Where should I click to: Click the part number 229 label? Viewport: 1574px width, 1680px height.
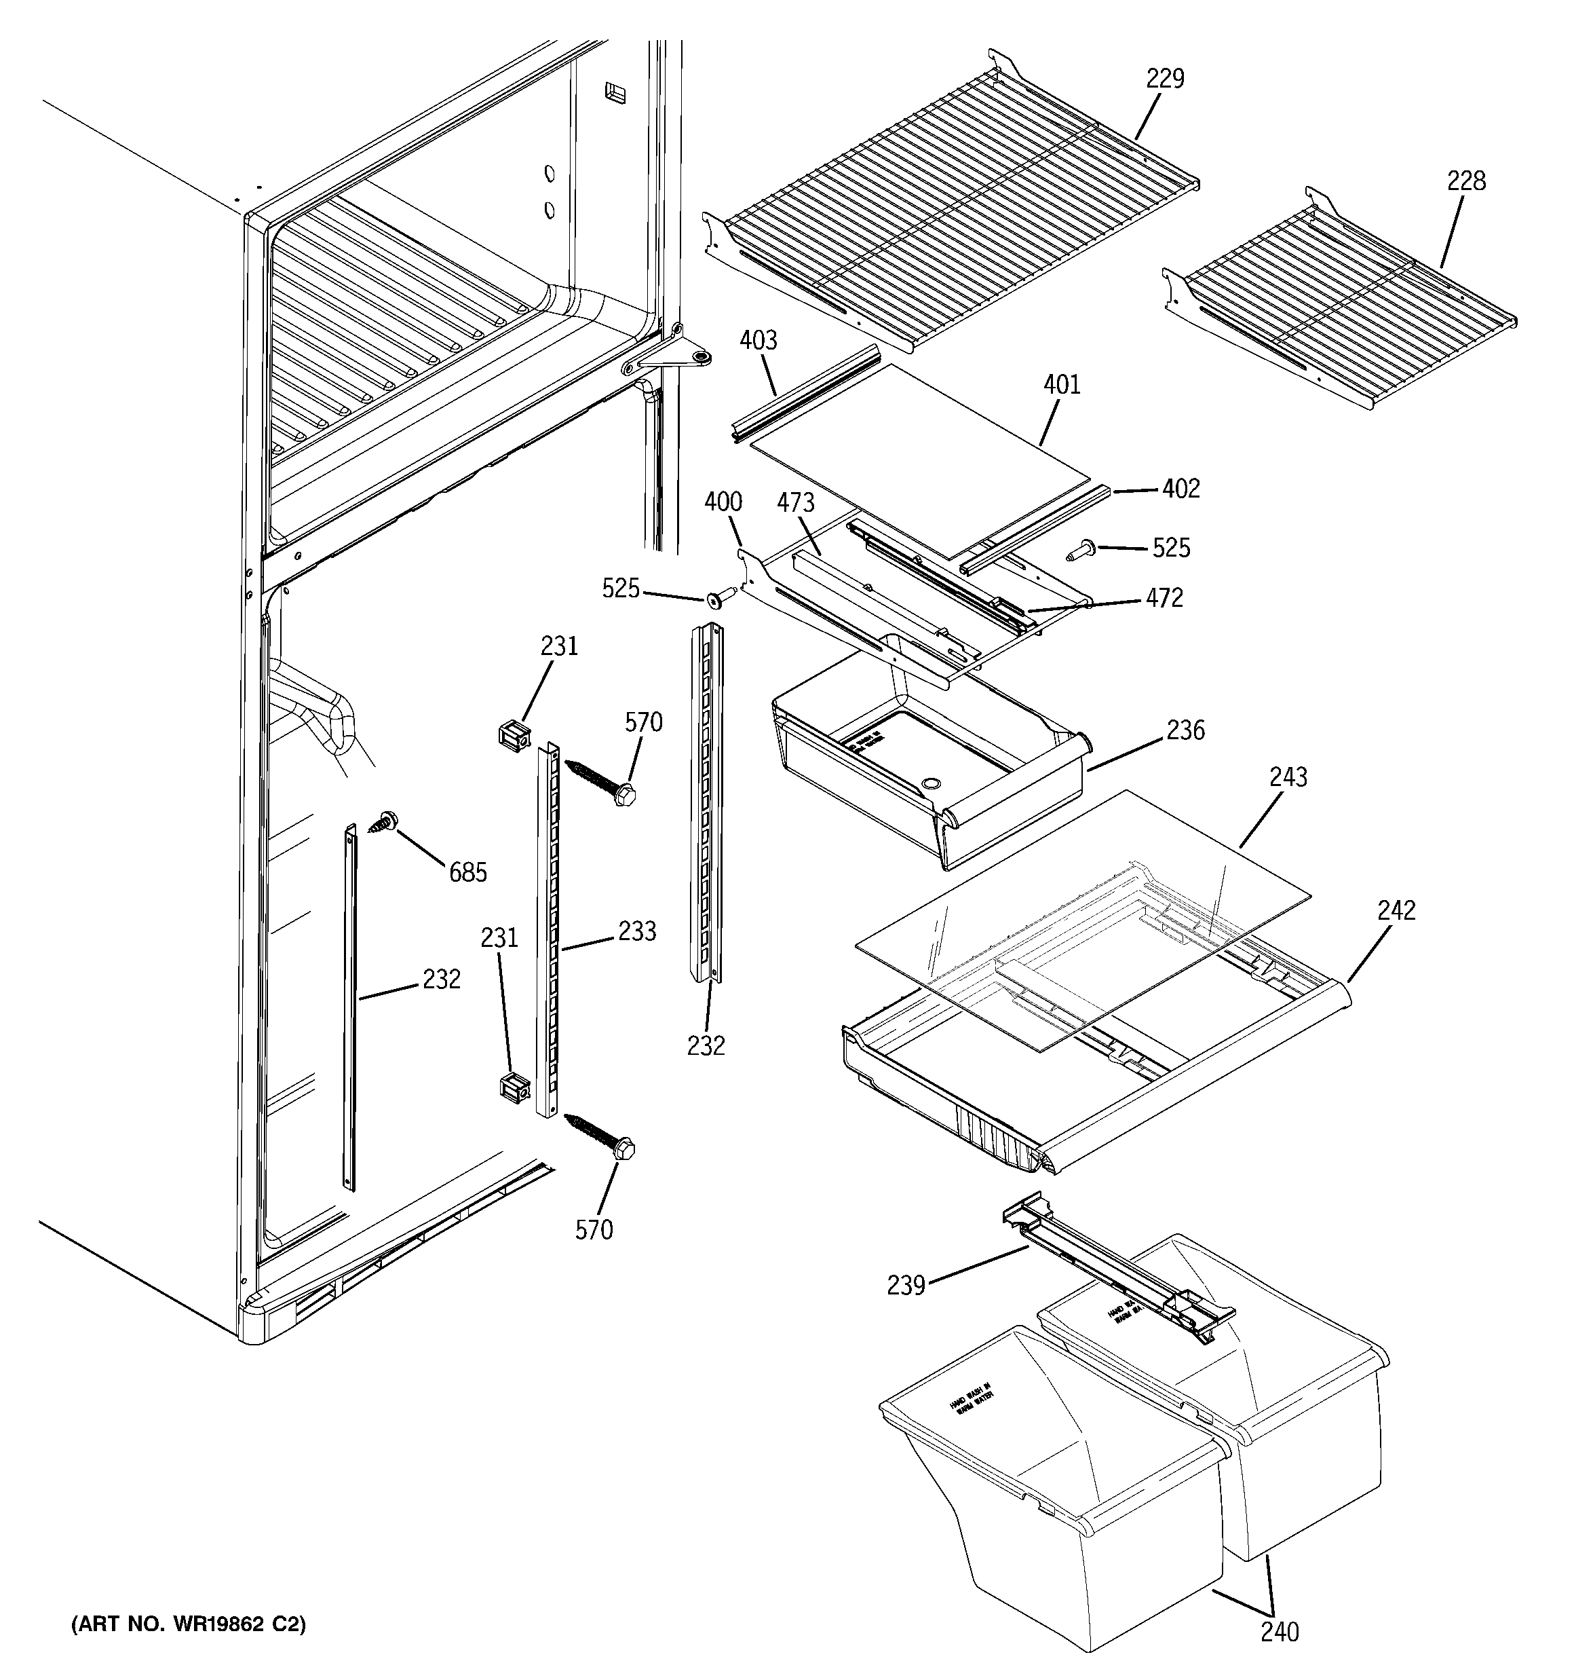[1165, 79]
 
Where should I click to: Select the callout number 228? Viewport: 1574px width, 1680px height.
[1466, 181]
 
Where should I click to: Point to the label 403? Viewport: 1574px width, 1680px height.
[758, 341]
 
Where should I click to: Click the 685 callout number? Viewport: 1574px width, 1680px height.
[467, 872]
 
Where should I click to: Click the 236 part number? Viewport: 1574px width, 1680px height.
[1185, 730]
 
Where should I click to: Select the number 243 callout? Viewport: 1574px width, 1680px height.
[1288, 777]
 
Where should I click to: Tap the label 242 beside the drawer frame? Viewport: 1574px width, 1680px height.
[1396, 910]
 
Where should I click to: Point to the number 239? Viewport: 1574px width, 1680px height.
[906, 1286]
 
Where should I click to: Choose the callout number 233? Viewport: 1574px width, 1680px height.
[637, 931]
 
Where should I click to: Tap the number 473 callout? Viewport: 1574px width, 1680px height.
[795, 503]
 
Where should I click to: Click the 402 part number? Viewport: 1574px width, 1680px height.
[1180, 489]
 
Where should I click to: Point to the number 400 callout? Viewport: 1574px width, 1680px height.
[723, 502]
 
